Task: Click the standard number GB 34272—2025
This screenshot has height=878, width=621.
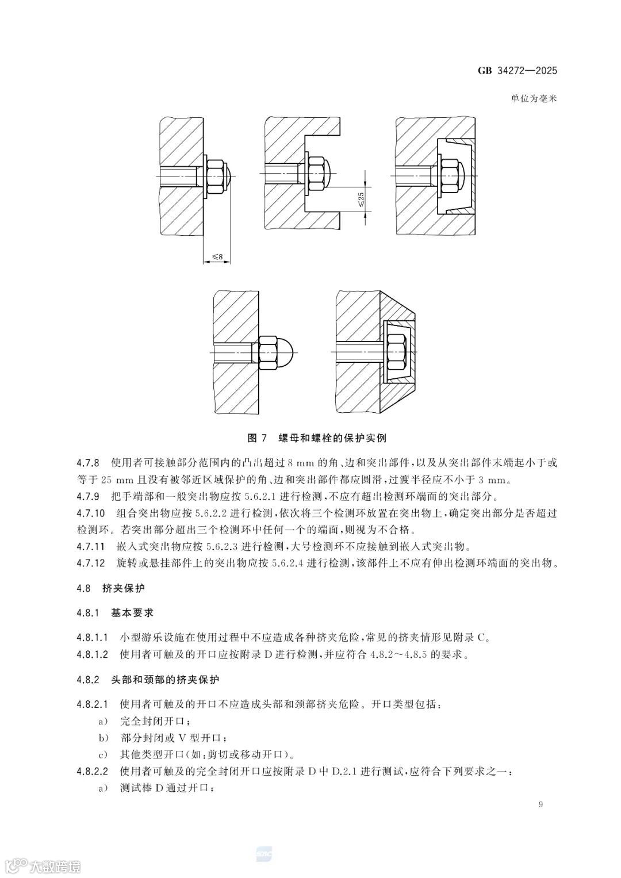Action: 517,71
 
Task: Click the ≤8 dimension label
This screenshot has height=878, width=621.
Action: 217,256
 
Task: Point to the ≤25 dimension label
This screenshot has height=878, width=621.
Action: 361,200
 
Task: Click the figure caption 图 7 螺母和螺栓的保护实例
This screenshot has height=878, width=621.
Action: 316,438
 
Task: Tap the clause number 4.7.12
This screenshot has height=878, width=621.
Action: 90,562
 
